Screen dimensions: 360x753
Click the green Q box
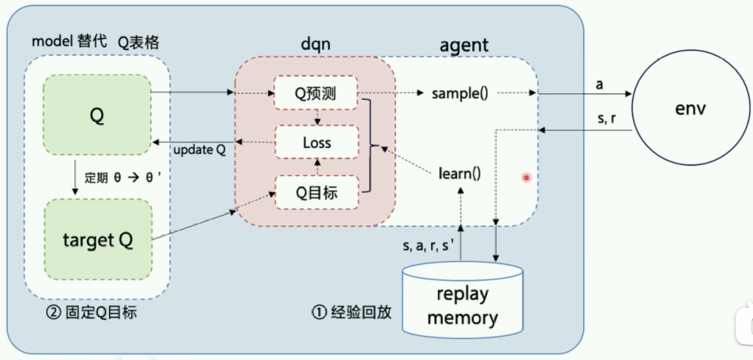pyautogui.click(x=97, y=115)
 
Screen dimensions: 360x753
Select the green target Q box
pyautogui.click(x=98, y=240)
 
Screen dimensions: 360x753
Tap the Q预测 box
pyautogui.click(x=316, y=92)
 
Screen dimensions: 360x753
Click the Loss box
pyautogui.click(x=316, y=143)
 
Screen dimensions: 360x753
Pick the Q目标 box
pyautogui.click(x=316, y=193)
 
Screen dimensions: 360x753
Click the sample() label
pyautogui.click(x=460, y=93)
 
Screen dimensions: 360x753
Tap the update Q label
pyautogui.click(x=199, y=151)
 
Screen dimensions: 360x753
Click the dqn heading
pyautogui.click(x=315, y=44)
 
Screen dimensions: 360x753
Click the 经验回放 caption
pyautogui.click(x=351, y=311)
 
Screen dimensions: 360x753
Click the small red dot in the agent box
pyautogui.click(x=527, y=177)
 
